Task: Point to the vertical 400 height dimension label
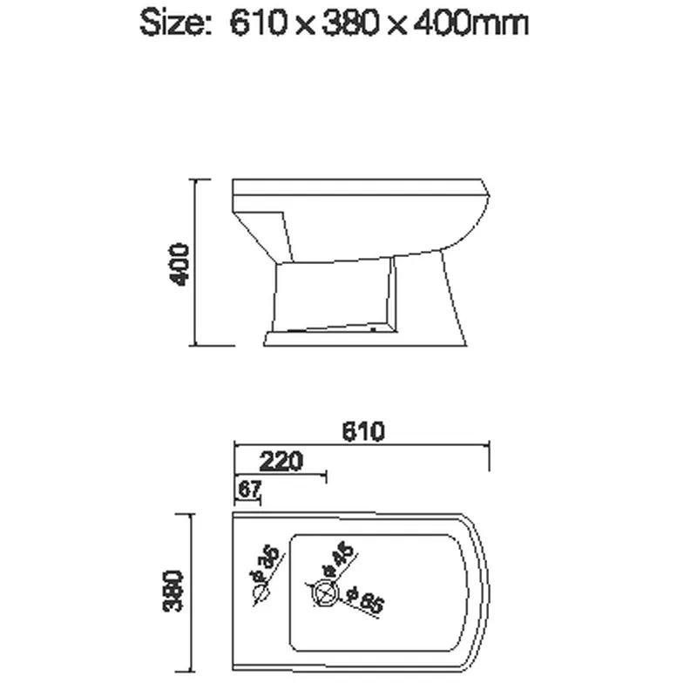(179, 264)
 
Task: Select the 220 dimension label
(281, 460)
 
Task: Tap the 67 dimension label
(249, 490)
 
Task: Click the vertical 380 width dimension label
(174, 592)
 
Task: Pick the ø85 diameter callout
(364, 600)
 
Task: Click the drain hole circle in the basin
(324, 594)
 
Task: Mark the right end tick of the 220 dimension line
(325, 477)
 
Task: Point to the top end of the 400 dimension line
(195, 180)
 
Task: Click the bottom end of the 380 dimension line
(193, 673)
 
